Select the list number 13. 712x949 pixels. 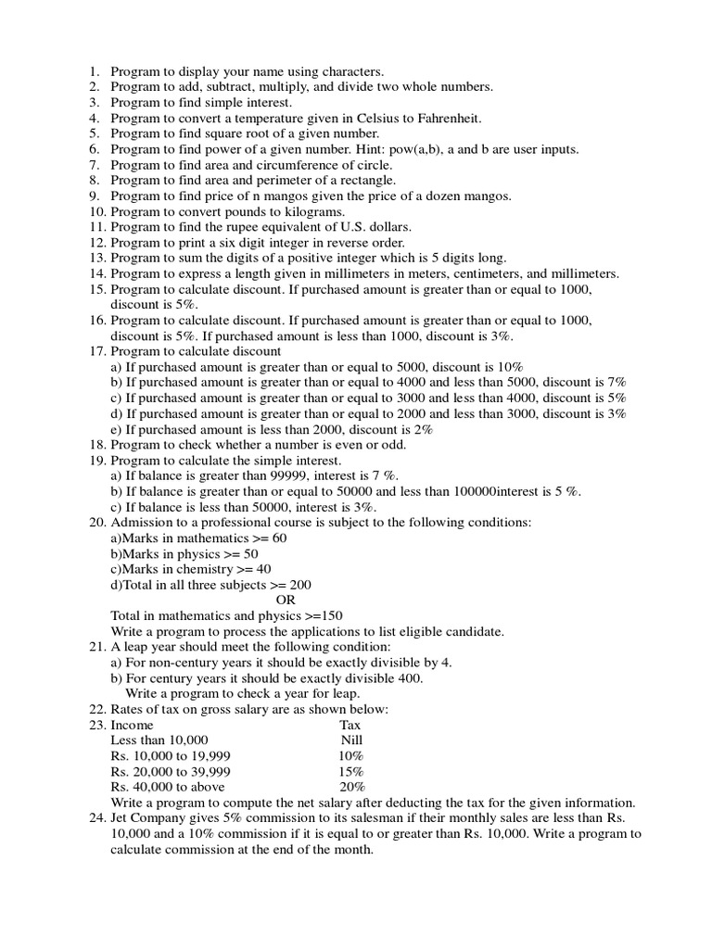[97, 259]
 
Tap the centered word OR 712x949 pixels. [286, 600]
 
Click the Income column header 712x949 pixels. [132, 725]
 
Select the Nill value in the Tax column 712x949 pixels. [351, 740]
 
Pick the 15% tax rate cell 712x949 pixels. [351, 771]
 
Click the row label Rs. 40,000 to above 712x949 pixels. [168, 787]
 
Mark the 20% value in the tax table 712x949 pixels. [351, 787]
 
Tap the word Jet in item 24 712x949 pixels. [121, 818]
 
